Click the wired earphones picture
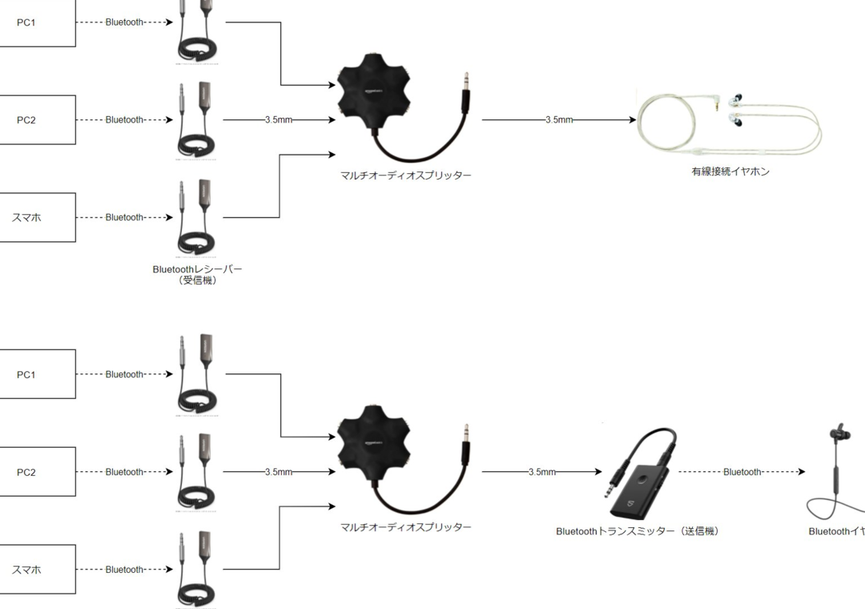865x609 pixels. tap(729, 124)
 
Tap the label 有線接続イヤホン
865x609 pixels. tap(730, 171)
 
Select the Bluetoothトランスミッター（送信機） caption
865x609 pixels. tap(637, 531)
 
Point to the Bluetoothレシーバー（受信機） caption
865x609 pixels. tap(197, 275)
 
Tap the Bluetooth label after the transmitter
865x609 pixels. tap(742, 472)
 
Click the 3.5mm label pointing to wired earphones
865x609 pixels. tap(559, 120)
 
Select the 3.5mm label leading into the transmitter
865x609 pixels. tap(541, 472)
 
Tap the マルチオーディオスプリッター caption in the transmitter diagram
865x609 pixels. tap(405, 527)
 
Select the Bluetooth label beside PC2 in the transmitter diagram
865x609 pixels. tap(123, 472)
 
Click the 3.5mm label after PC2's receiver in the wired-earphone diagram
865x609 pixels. tap(278, 120)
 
